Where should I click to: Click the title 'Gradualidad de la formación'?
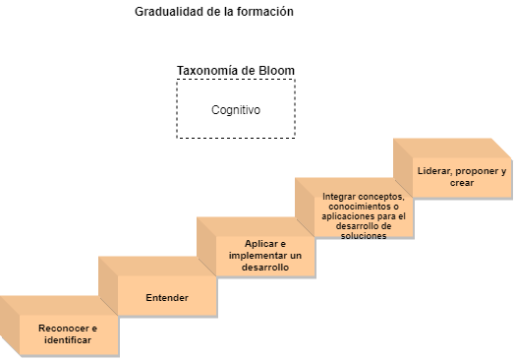point(214,12)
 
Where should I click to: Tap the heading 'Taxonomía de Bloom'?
point(236,71)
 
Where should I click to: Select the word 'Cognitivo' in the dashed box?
point(236,110)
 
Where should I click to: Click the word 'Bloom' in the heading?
point(276,71)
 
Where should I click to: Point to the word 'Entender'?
point(167,297)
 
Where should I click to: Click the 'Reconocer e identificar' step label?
point(68,334)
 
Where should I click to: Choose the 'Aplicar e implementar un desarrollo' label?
point(265,256)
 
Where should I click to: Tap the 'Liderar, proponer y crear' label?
point(462,177)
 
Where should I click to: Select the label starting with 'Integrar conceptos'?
point(364,216)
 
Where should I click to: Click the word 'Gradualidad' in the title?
point(169,12)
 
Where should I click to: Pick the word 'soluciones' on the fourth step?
point(364,236)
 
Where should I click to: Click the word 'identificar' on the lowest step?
point(68,340)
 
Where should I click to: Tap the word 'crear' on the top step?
point(462,183)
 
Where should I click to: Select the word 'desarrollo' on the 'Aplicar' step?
point(265,268)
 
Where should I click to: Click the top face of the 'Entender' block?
point(157,267)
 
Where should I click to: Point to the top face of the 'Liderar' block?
point(452,149)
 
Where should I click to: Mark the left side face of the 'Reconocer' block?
point(10,326)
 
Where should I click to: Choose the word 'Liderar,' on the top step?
point(434,171)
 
